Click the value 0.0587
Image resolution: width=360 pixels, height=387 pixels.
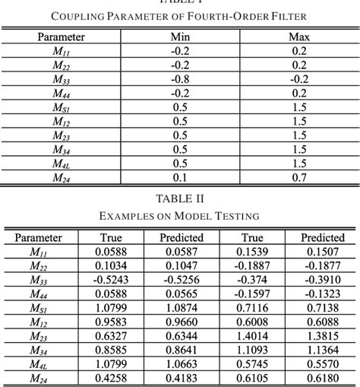[181, 251]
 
